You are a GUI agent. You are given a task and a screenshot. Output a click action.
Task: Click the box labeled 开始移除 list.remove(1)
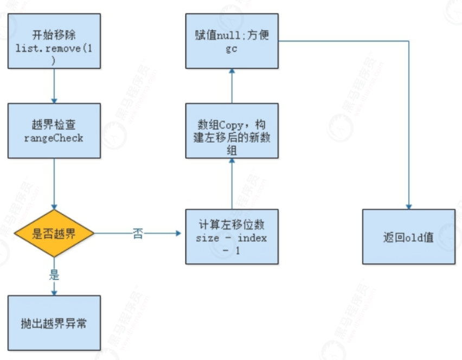click(54, 41)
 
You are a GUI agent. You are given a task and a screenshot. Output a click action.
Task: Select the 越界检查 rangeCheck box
click(54, 131)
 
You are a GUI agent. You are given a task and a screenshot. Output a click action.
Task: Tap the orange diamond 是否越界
click(54, 234)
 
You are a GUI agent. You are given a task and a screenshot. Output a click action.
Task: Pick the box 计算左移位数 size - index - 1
click(232, 237)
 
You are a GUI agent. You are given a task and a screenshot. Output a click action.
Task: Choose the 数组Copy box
click(232, 131)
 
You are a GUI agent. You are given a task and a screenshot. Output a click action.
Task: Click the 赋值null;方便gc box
click(232, 41)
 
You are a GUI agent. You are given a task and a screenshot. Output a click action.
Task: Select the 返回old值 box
click(408, 237)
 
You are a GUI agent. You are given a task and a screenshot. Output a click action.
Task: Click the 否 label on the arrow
click(138, 234)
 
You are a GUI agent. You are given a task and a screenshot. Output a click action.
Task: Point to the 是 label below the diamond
click(54, 274)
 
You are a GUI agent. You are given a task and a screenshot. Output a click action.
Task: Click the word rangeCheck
click(54, 138)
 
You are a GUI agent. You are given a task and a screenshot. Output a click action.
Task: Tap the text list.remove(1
click(54, 49)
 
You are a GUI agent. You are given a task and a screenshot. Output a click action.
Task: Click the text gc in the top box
click(232, 49)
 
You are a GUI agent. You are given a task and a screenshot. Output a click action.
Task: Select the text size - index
click(232, 239)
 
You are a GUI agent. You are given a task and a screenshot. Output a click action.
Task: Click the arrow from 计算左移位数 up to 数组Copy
click(232, 184)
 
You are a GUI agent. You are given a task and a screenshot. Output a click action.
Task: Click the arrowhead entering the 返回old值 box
click(408, 207)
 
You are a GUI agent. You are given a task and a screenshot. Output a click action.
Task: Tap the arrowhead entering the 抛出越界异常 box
click(54, 292)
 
